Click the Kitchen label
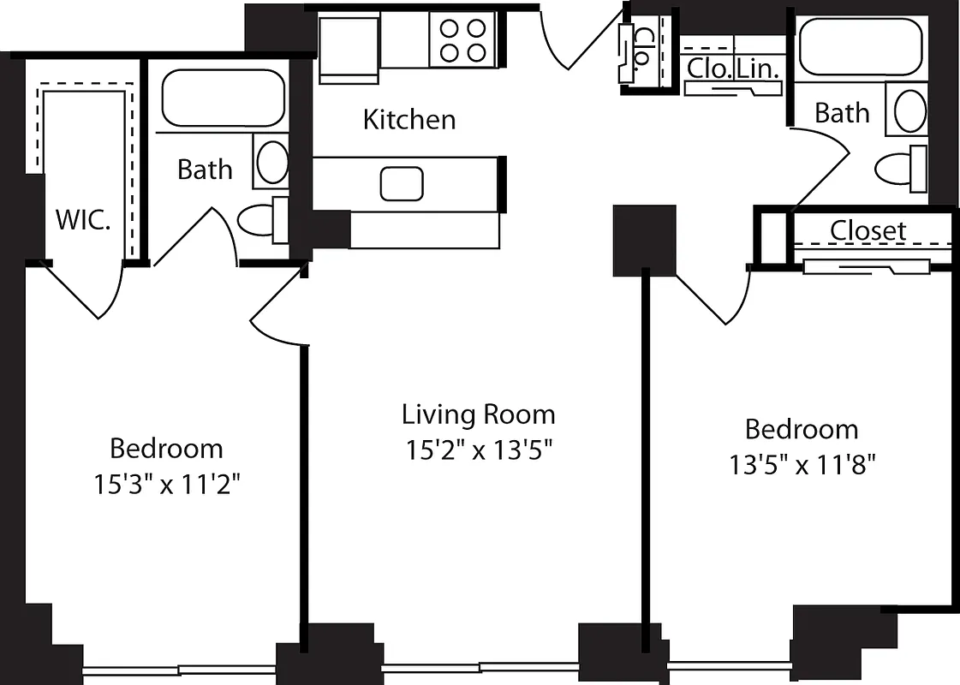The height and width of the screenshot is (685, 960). coord(409,120)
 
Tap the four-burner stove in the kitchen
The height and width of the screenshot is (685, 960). coord(463,40)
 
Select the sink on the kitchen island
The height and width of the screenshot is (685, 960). coord(402,183)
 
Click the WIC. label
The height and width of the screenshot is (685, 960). coord(83,220)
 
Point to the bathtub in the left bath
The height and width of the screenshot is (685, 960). coord(223,98)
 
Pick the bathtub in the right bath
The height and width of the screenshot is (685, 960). coord(861,46)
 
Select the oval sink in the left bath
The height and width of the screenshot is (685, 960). coord(271,162)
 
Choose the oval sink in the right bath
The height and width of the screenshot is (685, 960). coord(909,110)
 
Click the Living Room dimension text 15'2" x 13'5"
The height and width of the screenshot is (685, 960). coord(478,450)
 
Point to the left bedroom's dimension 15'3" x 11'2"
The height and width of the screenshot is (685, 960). coord(166,485)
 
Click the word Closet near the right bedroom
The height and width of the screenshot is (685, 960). coord(868,231)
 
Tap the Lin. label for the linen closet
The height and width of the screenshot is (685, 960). coord(758,68)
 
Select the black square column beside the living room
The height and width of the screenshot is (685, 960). coord(644,240)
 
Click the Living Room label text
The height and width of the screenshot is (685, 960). coord(478,415)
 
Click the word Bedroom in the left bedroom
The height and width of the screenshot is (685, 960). coord(166,449)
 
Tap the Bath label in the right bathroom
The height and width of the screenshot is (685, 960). coord(841,113)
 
